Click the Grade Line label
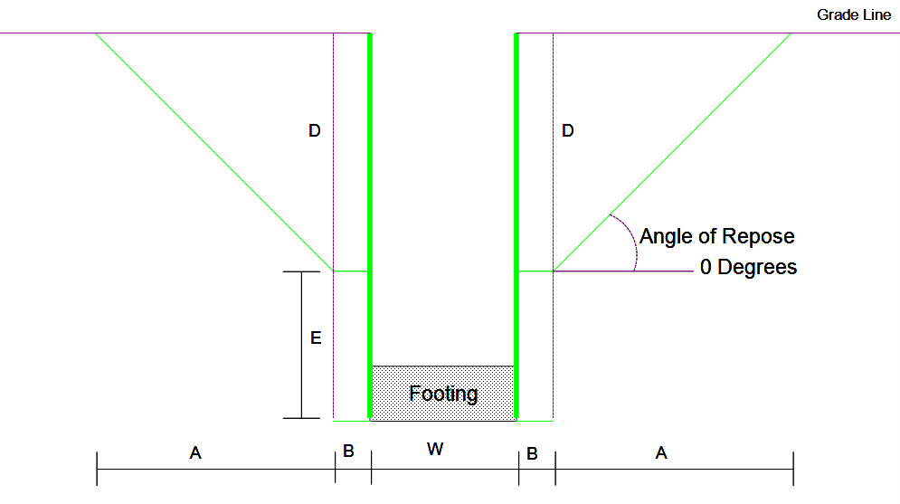click(x=854, y=15)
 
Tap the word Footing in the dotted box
click(x=443, y=394)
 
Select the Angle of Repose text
click(x=716, y=237)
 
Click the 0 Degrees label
click(x=748, y=268)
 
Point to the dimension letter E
click(x=316, y=338)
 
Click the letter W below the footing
click(x=435, y=450)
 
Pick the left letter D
click(x=315, y=131)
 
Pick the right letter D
click(x=568, y=131)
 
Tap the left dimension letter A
click(x=195, y=453)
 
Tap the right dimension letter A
click(x=661, y=453)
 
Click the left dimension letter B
click(x=348, y=452)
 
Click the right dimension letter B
click(x=532, y=453)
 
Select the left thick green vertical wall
click(x=370, y=226)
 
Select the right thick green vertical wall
click(x=516, y=226)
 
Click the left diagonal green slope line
click(x=213, y=152)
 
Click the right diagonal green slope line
click(x=672, y=152)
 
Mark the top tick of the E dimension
click(x=302, y=271)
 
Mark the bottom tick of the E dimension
click(x=302, y=418)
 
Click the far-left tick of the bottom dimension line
click(x=97, y=469)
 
